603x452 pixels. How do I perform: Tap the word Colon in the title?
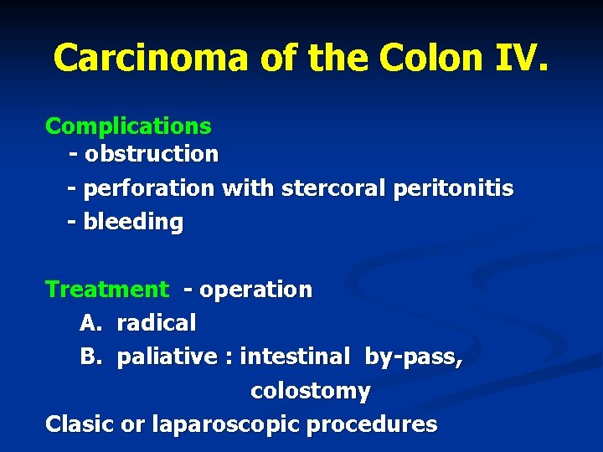tap(430, 57)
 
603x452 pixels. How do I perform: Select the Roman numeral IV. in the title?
tap(519, 57)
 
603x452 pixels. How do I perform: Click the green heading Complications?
tap(128, 126)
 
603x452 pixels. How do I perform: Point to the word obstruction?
tap(151, 154)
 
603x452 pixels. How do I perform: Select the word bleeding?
tap(132, 222)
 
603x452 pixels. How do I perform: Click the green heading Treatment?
tap(107, 290)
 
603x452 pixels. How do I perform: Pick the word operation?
tap(255, 290)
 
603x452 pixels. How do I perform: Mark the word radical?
tap(157, 323)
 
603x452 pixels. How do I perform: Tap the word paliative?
tap(167, 357)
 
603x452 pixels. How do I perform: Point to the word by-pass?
tap(414, 357)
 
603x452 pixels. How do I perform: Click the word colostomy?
tap(311, 391)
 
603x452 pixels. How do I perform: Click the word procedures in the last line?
tap(372, 424)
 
